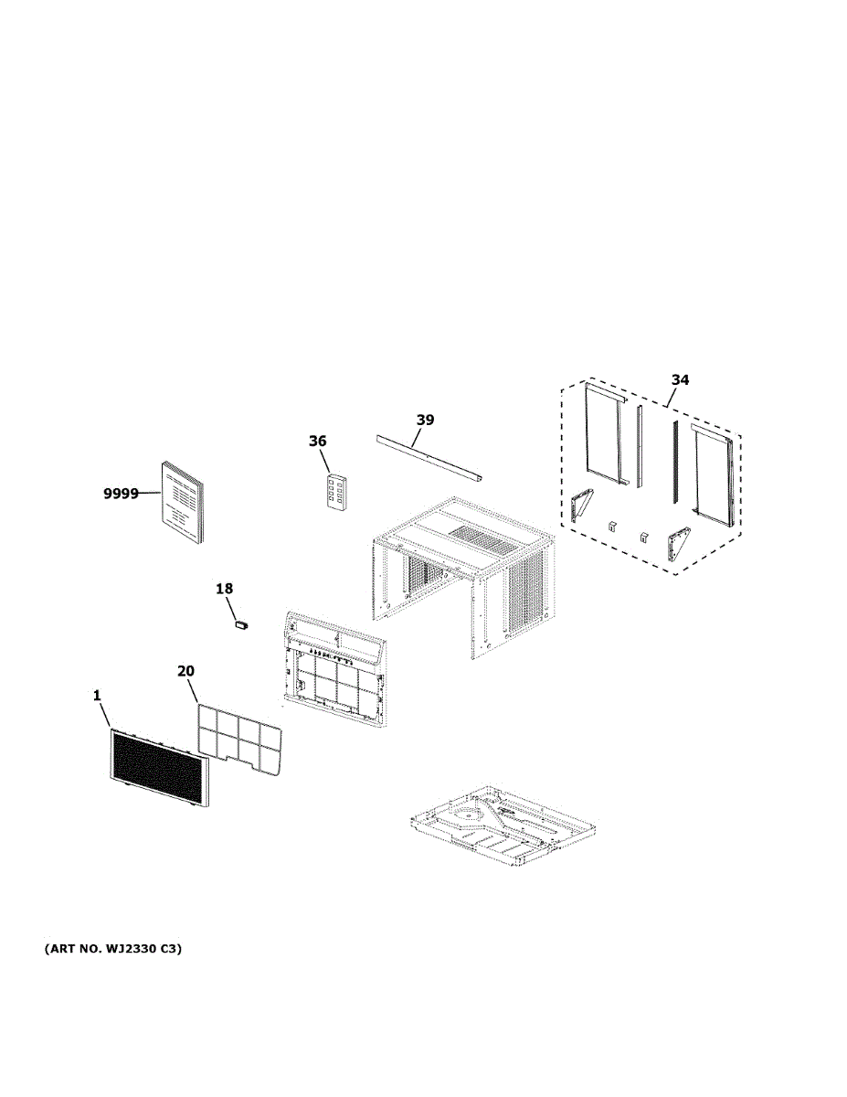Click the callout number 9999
[120, 494]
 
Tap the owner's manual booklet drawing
[182, 502]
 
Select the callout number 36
[317, 442]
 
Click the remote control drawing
[336, 495]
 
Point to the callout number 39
[425, 421]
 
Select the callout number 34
[680, 380]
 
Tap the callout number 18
[225, 589]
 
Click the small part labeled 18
[242, 624]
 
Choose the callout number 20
[185, 671]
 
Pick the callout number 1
[97, 696]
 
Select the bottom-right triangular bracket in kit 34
[678, 546]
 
